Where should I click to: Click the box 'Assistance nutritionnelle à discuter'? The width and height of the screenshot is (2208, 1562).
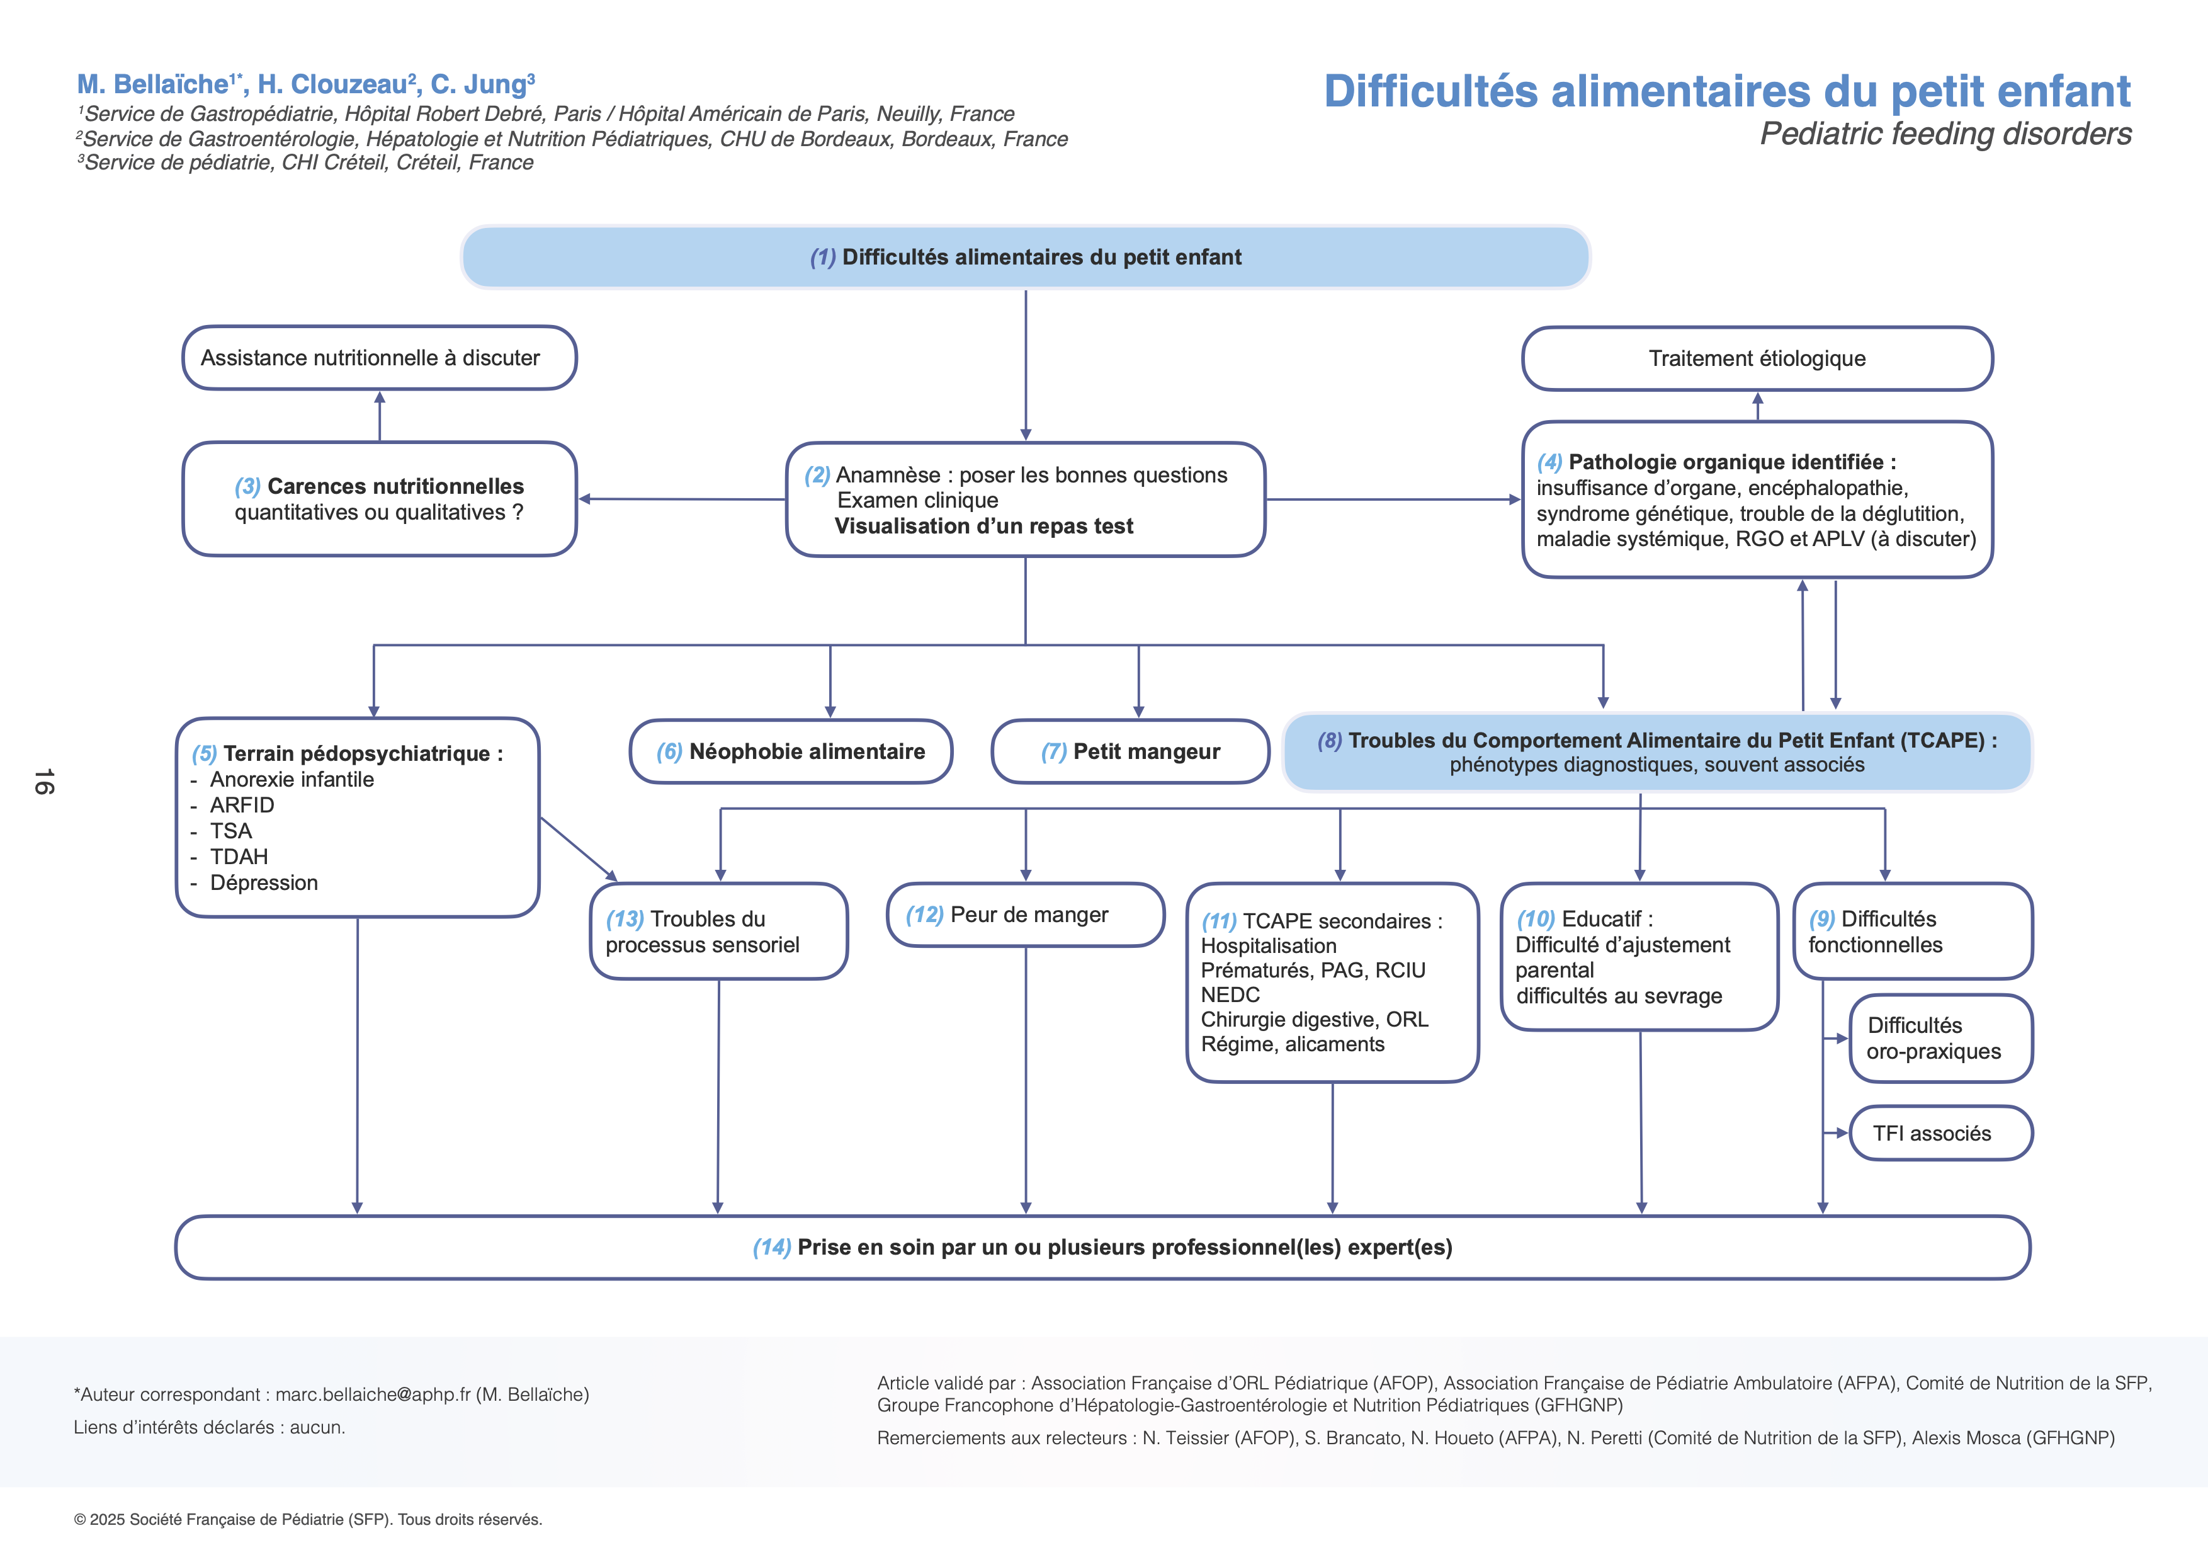point(379,358)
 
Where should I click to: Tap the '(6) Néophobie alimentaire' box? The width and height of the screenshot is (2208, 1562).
point(791,751)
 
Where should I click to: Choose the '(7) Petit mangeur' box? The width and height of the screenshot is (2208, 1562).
point(1130,751)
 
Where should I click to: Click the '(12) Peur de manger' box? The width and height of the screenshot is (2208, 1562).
point(1025,915)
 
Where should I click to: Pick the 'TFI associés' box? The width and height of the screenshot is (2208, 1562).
point(1940,1133)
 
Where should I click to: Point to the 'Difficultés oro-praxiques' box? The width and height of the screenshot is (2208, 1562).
point(1940,1039)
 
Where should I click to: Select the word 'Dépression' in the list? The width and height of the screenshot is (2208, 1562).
point(264,883)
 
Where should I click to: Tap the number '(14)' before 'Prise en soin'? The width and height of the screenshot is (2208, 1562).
point(771,1248)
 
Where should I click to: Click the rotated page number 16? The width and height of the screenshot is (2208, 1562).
point(44,781)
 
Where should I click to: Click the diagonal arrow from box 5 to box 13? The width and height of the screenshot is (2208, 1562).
point(579,848)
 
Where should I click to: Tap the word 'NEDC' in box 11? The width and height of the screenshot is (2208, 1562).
point(1230,995)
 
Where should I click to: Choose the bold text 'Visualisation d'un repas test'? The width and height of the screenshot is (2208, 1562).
point(984,526)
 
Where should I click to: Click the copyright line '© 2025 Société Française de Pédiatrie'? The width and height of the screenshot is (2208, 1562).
point(308,1520)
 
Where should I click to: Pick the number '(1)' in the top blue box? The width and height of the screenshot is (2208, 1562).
point(822,258)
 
